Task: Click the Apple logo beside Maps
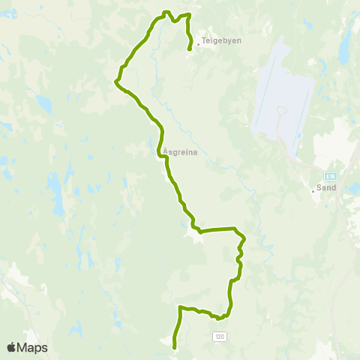[x=11, y=347]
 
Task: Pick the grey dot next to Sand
[x=314, y=190]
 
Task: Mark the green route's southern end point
[x=175, y=347]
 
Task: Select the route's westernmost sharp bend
[x=116, y=82]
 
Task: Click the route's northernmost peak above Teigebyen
[x=166, y=12]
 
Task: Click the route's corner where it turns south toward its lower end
[x=179, y=307]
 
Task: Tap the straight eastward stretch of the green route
[x=217, y=229]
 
